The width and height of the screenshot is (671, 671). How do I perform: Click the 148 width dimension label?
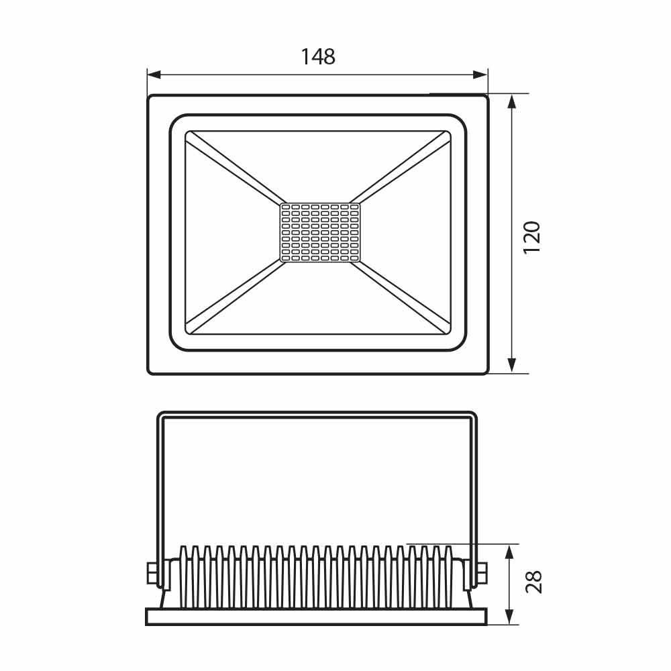pyautogui.click(x=318, y=57)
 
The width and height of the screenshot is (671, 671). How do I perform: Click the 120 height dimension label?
pyautogui.click(x=532, y=238)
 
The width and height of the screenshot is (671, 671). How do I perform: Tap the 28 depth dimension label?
pyautogui.click(x=533, y=582)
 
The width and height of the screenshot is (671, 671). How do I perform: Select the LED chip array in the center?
pyautogui.click(x=320, y=232)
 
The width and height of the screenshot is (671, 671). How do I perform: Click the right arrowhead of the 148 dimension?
pyautogui.click(x=480, y=75)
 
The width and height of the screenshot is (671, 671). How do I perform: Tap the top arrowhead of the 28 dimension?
pyautogui.click(x=509, y=552)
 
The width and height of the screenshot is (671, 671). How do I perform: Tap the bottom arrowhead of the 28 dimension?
pyautogui.click(x=509, y=617)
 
